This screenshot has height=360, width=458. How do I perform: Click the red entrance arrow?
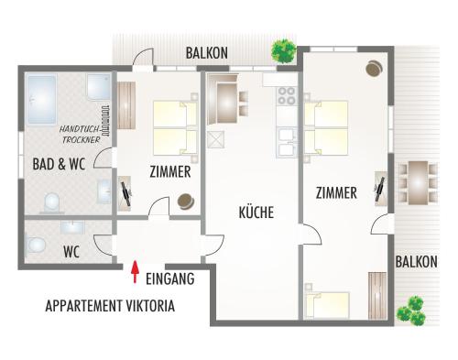click(135, 272)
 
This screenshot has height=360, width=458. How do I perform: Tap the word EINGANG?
click(170, 278)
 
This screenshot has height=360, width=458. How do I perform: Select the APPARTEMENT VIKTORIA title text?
click(110, 306)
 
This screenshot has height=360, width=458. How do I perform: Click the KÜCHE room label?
click(256, 213)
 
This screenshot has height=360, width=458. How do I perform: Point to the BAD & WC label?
click(59, 164)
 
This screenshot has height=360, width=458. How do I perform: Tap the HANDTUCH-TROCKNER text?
click(81, 135)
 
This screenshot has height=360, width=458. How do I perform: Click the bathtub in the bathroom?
click(42, 100)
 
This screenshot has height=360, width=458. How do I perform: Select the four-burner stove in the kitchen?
click(287, 95)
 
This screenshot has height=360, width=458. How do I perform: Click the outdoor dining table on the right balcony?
click(419, 182)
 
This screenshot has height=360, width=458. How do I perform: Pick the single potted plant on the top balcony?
click(284, 50)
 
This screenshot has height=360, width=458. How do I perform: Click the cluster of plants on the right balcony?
click(411, 311)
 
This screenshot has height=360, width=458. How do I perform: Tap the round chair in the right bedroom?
click(374, 69)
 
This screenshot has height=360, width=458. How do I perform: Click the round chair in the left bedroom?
click(186, 202)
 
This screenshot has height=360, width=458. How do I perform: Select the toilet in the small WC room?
click(35, 245)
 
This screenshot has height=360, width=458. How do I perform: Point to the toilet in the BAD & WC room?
click(51, 202)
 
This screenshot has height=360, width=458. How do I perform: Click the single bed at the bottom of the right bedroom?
click(327, 304)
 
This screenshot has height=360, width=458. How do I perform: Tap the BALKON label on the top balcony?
click(207, 53)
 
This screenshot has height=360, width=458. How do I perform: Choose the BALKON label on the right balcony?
click(417, 262)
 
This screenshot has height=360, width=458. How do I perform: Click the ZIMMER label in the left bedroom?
click(170, 171)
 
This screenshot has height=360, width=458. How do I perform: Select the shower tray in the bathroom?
click(99, 87)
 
